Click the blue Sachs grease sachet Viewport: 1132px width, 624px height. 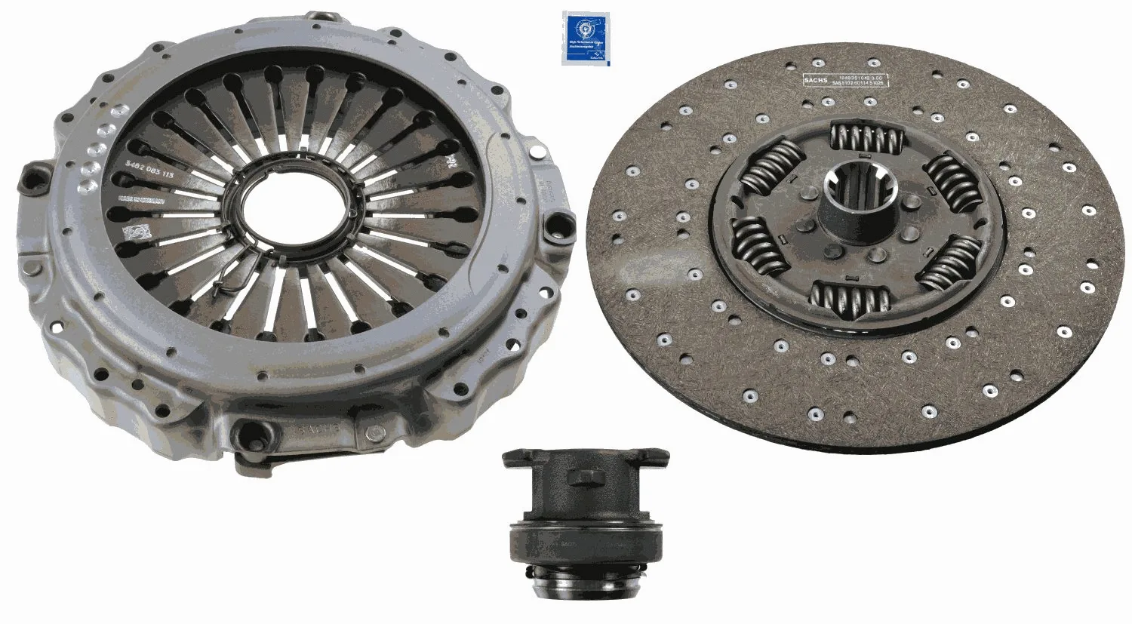585,38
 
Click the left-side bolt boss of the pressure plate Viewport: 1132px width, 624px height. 34,179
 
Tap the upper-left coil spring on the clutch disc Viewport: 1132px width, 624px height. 769,168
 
